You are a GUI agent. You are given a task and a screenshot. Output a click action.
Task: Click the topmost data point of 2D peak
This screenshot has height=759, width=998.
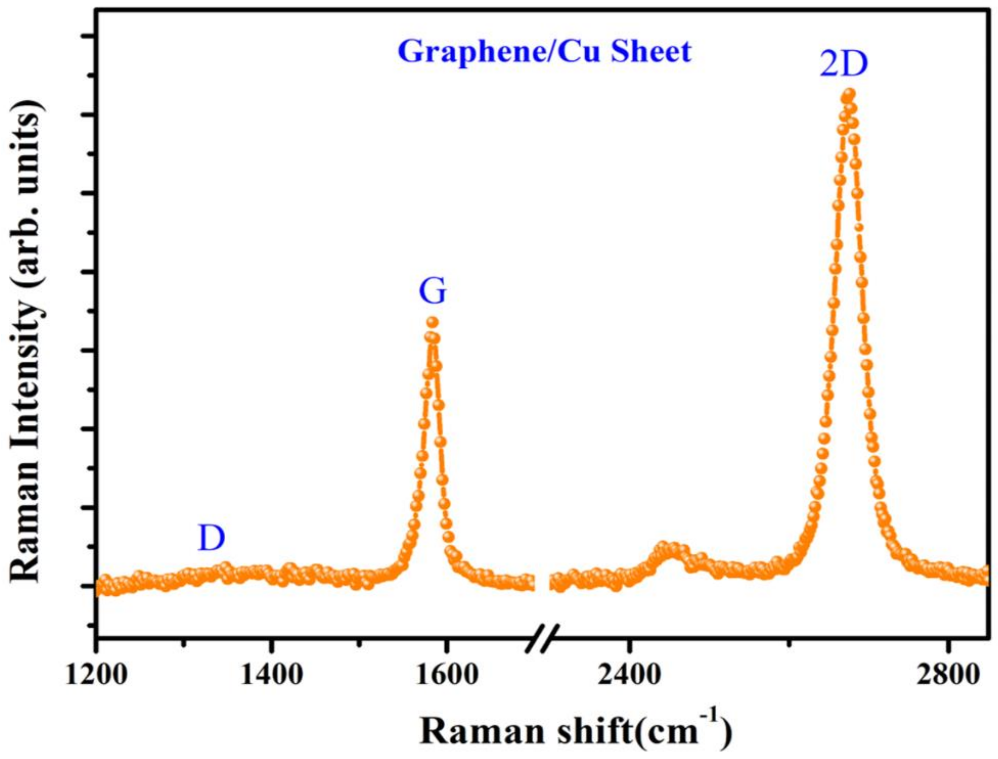tap(849, 94)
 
